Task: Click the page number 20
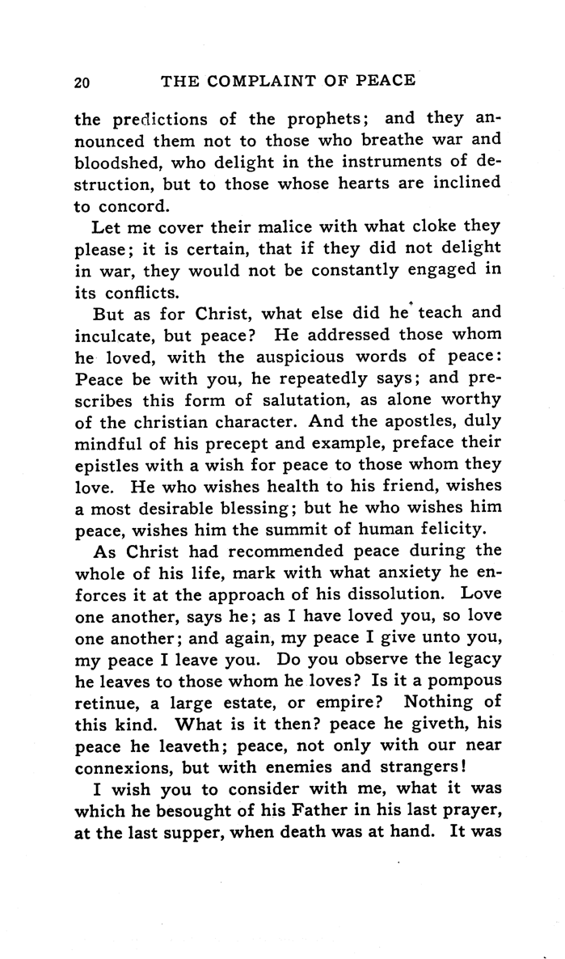pyautogui.click(x=81, y=81)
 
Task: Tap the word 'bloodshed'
pyautogui.click(x=114, y=163)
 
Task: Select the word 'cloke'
pyautogui.click(x=422, y=227)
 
